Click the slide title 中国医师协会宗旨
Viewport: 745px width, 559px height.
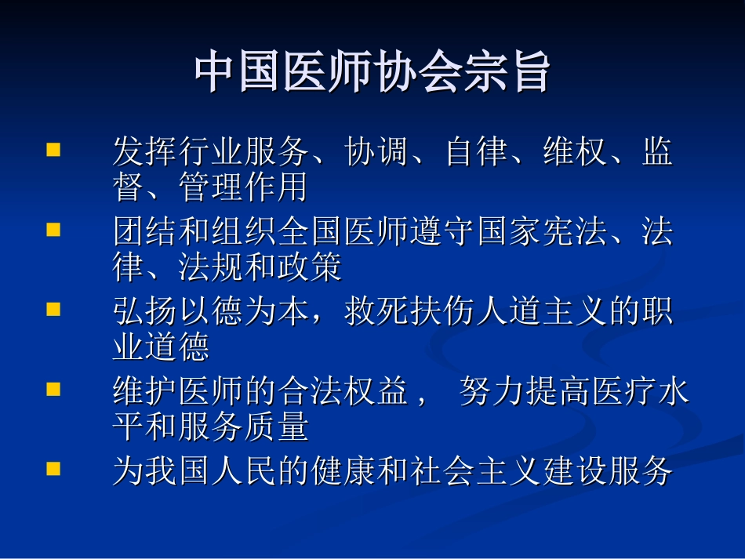(372, 73)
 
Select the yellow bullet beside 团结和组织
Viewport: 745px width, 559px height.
(53, 229)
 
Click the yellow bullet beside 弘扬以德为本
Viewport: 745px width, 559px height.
(53, 308)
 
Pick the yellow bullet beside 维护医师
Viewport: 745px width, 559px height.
(53, 388)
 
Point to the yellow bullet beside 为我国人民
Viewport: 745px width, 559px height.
(53, 468)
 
